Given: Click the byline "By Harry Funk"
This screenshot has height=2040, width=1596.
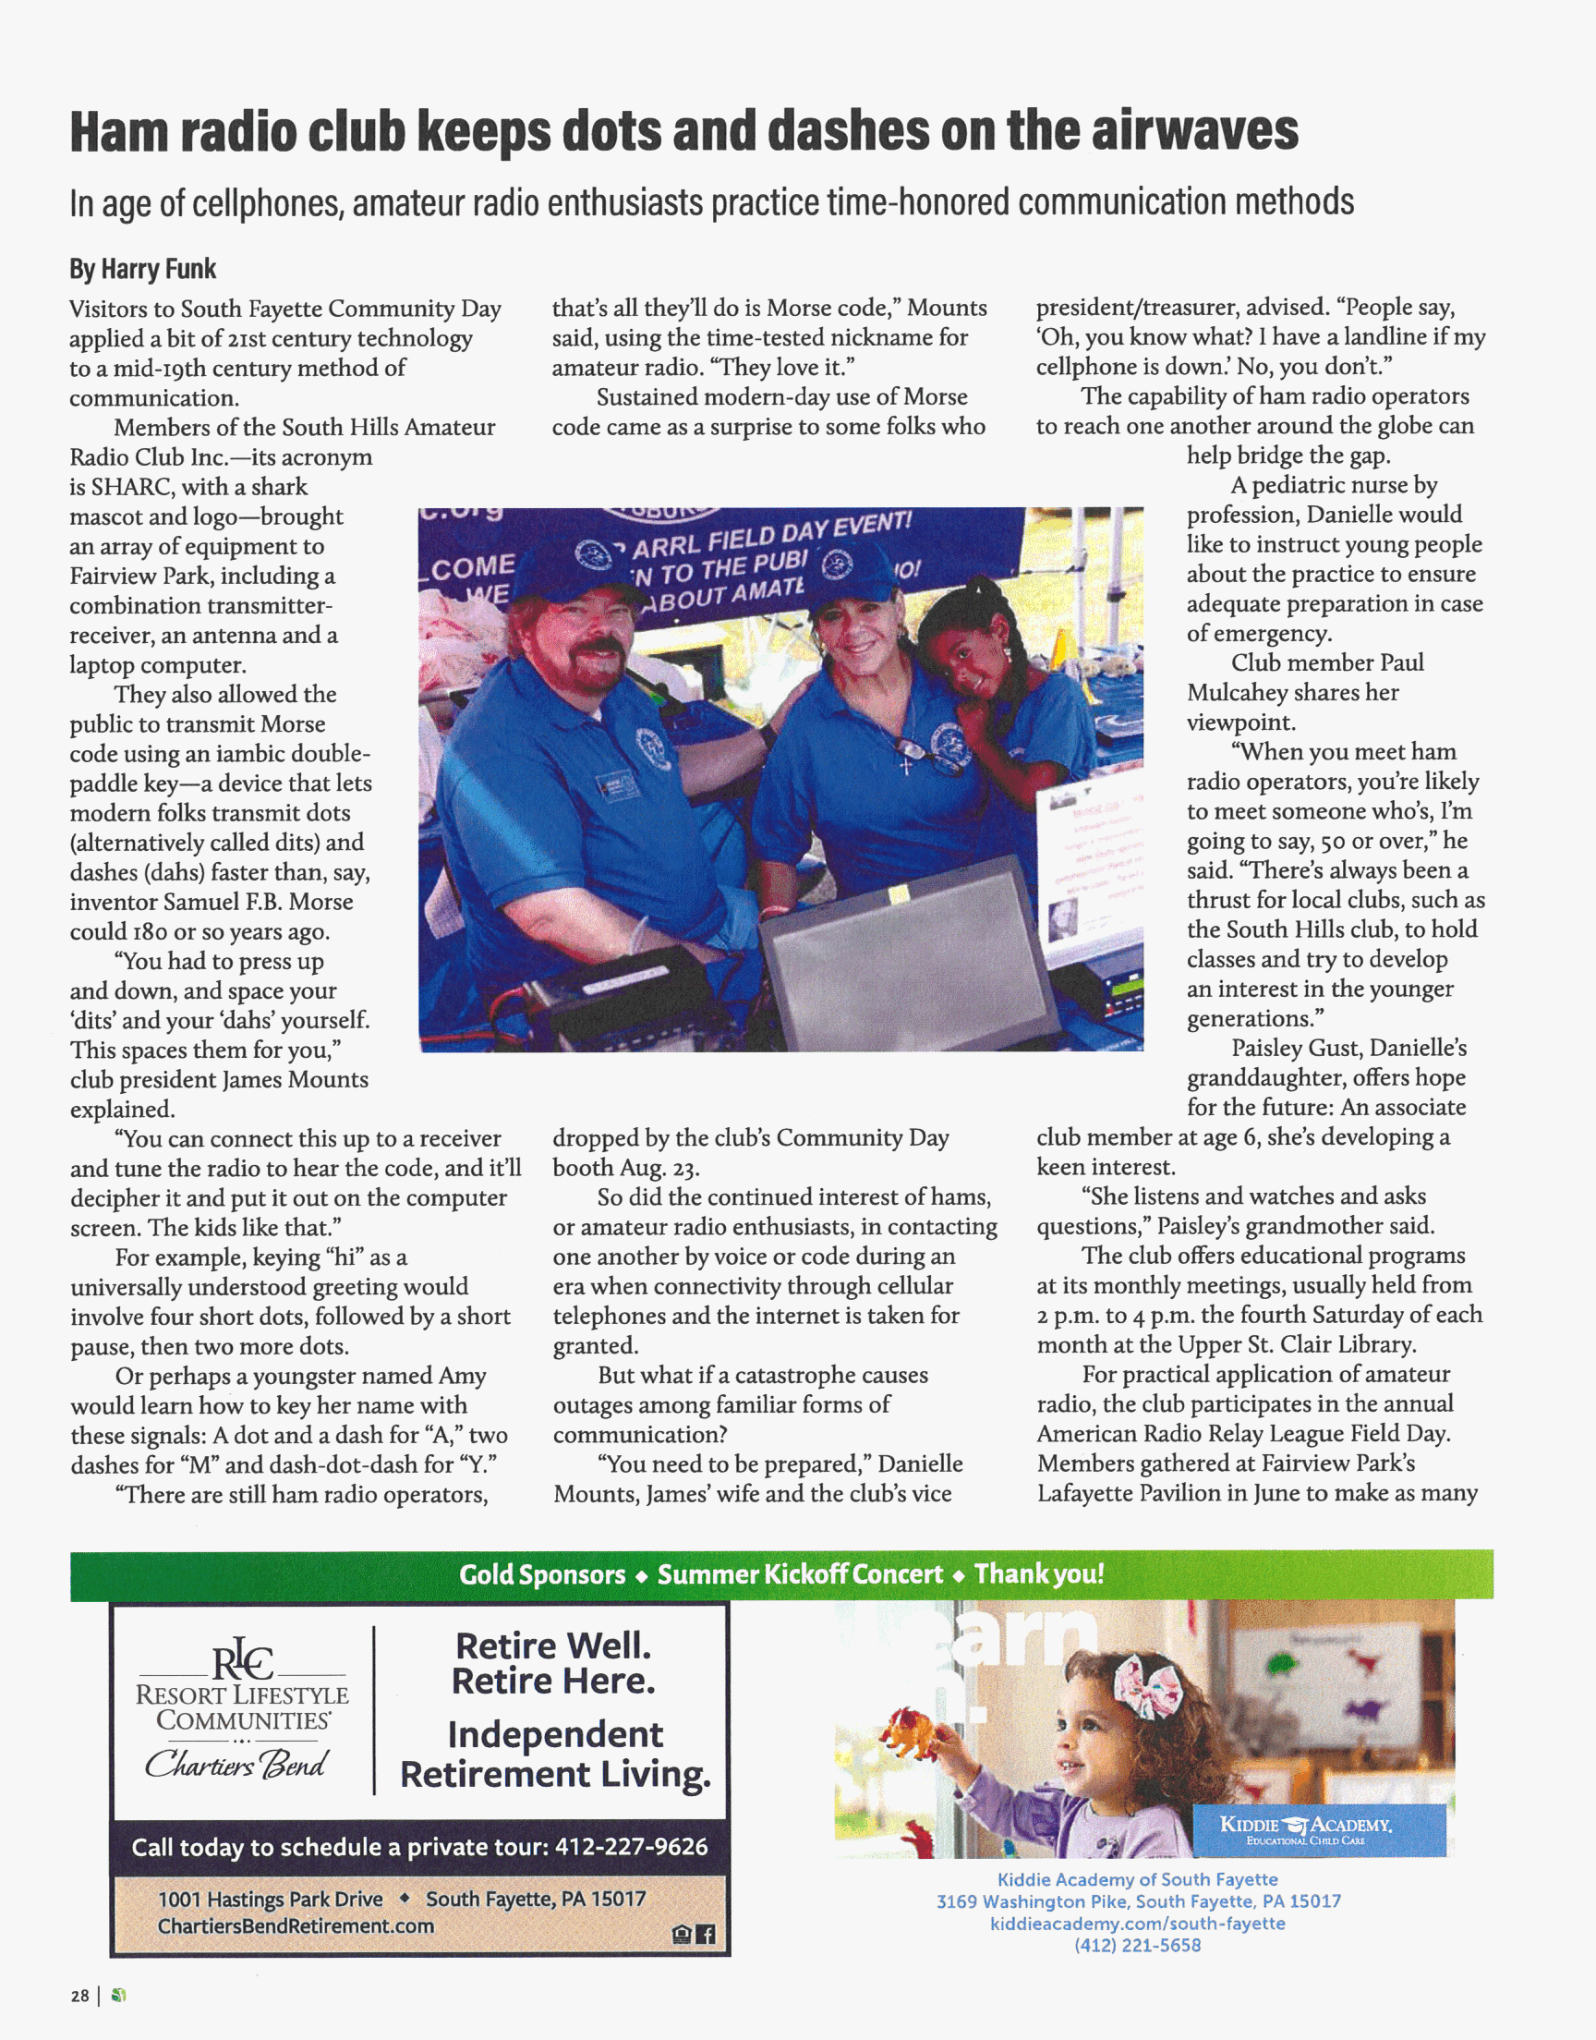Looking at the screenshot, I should pyautogui.click(x=142, y=269).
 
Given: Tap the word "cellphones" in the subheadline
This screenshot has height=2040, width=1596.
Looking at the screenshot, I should pyautogui.click(x=267, y=202).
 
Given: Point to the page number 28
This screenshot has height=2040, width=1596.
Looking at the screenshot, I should pyautogui.click(x=79, y=1995).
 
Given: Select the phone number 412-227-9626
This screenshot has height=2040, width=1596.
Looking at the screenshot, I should pyautogui.click(x=631, y=1847).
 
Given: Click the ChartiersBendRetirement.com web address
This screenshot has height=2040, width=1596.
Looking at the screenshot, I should pyautogui.click(x=296, y=1926).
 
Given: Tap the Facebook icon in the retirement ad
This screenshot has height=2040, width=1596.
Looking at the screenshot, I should pyautogui.click(x=707, y=1934).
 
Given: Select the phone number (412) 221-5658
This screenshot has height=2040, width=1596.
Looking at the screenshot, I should pyautogui.click(x=1137, y=1945).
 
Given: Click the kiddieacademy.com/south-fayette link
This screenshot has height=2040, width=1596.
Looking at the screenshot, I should pyautogui.click(x=1137, y=1924).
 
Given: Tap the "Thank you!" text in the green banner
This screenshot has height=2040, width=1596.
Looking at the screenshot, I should pyautogui.click(x=1038, y=1573).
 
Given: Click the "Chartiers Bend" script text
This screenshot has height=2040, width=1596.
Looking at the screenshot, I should pyautogui.click(x=236, y=1764).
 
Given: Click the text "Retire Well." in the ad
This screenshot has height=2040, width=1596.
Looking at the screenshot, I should pyautogui.click(x=553, y=1645).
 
